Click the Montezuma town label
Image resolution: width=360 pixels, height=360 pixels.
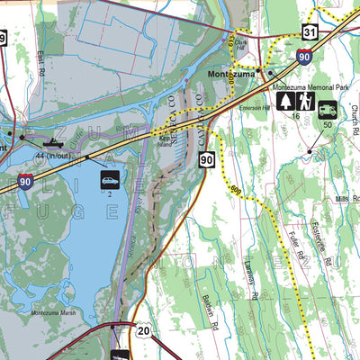click(230, 74)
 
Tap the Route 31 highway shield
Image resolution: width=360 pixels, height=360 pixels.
click(310, 32)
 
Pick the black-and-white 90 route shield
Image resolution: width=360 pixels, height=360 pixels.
click(206, 159)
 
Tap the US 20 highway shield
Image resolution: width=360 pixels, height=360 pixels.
click(144, 331)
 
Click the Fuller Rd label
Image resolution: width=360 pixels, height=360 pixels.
click(296, 245)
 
